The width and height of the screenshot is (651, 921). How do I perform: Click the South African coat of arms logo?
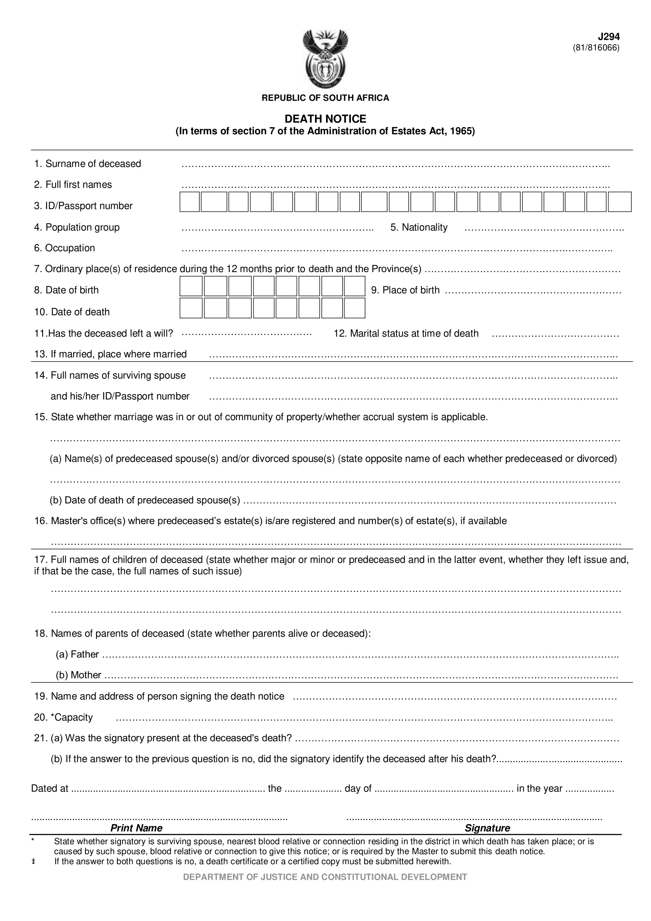point(325,59)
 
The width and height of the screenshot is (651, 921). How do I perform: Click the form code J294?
point(608,37)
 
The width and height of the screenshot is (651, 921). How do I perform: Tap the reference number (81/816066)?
point(596,48)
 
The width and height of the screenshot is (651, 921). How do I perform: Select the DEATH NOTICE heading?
point(325,119)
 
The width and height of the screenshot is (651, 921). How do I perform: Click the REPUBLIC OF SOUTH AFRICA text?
point(325,98)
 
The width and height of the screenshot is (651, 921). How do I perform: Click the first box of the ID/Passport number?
point(190,202)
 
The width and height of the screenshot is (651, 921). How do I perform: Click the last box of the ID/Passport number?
point(619,202)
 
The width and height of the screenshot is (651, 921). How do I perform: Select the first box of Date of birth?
point(191,286)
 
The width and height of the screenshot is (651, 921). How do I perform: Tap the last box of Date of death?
point(354,308)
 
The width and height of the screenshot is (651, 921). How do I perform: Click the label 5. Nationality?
point(419,228)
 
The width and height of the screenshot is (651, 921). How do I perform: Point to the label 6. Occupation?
point(65,248)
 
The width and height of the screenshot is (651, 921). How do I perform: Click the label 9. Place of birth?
point(405,290)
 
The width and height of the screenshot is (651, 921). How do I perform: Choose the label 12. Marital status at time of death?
point(406,334)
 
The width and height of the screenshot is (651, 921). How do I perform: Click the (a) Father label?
point(77,654)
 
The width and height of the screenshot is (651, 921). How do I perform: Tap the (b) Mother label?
point(78,675)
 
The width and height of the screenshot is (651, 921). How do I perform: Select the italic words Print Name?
point(136,828)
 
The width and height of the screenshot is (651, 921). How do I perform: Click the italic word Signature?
point(487,828)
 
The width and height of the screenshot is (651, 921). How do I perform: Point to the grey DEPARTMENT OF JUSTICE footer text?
point(325,877)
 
